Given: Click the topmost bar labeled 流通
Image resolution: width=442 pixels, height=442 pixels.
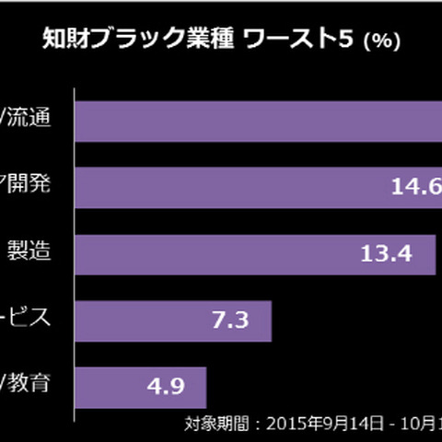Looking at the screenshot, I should pyautogui.click(x=258, y=121).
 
